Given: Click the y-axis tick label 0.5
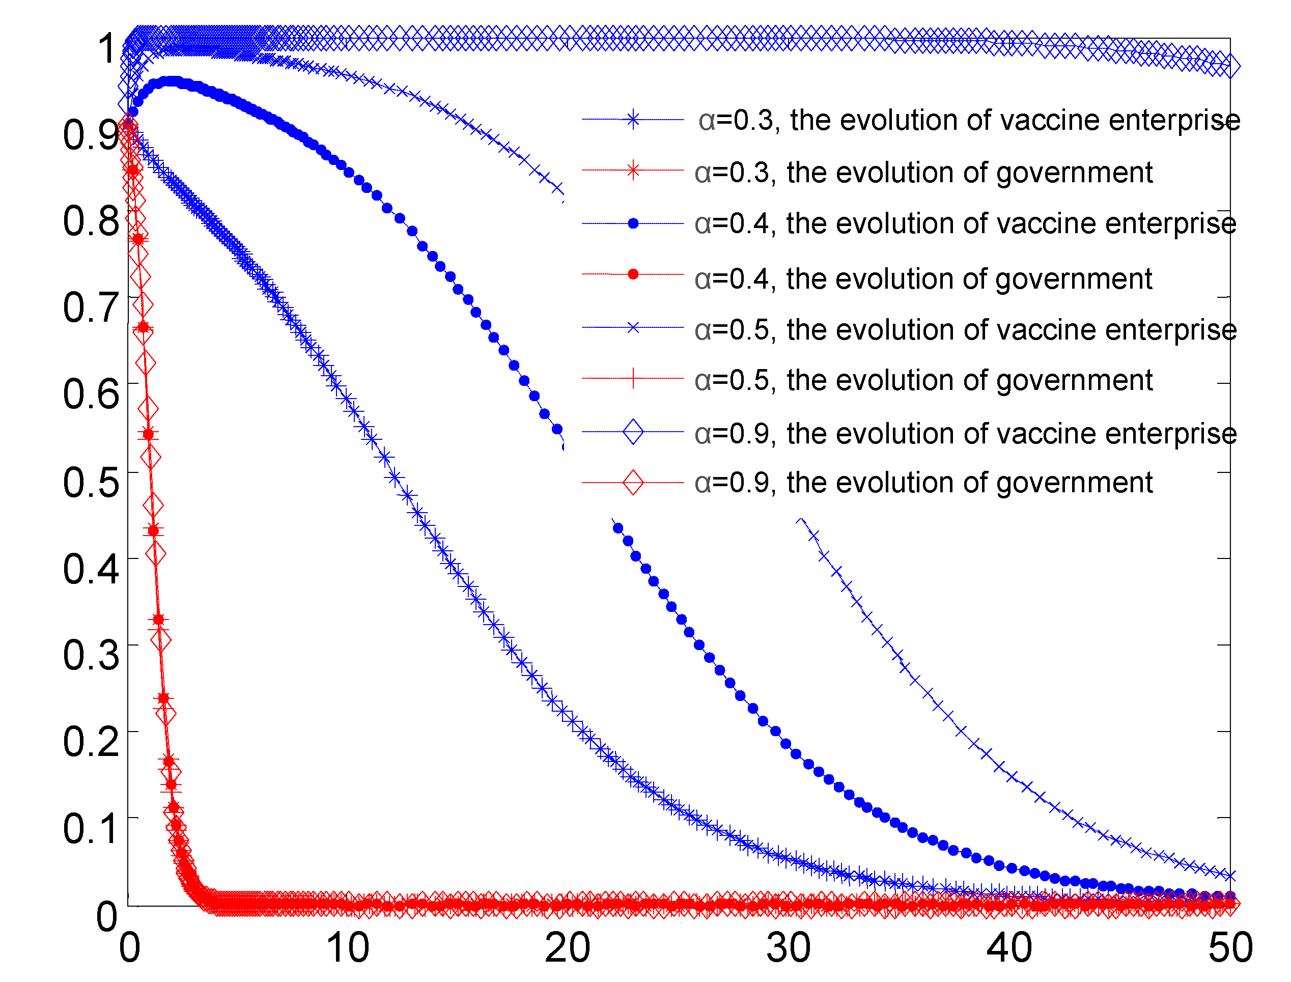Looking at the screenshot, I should (x=91, y=483).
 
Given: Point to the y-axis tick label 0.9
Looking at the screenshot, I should (x=91, y=135).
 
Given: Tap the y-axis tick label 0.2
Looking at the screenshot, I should (x=91, y=742).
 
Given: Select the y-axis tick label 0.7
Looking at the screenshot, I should (x=91, y=308).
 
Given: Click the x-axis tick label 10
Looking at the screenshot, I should (x=348, y=947).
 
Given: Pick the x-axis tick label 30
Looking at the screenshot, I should (x=789, y=947).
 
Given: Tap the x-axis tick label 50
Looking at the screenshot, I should (x=1230, y=947).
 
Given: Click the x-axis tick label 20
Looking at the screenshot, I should (x=568, y=947).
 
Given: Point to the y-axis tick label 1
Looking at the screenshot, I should (x=107, y=48).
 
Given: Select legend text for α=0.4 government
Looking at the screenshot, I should (x=923, y=279).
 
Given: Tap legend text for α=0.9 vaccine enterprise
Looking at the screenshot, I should (x=966, y=434).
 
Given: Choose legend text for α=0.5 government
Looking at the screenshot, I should (x=923, y=380).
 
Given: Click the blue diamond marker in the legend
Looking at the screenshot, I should (x=633, y=432).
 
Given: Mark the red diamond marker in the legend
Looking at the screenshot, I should (x=633, y=483).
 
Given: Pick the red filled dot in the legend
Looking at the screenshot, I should (x=633, y=274).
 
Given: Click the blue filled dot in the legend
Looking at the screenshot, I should (x=633, y=223).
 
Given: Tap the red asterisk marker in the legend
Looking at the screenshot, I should (x=633, y=171).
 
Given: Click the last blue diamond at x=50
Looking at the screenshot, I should (x=1230, y=66).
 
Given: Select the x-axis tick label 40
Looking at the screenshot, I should (x=1009, y=947).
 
